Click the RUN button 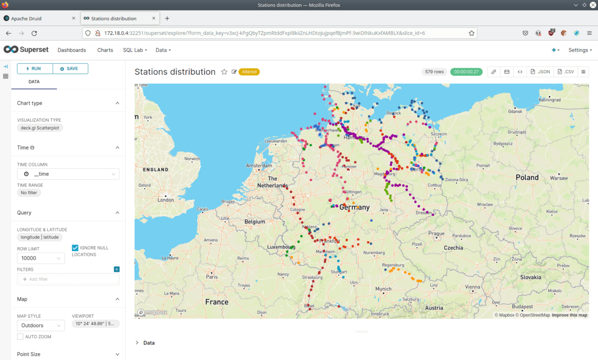(x=35, y=68)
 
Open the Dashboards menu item (x=71, y=50)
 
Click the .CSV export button (x=566, y=72)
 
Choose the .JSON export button (x=540, y=72)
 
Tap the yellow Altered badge (x=249, y=72)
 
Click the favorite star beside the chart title (x=224, y=72)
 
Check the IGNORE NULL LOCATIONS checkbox (x=75, y=248)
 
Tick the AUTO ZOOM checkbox (x=20, y=337)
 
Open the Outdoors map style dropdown (x=41, y=326)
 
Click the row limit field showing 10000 (x=41, y=258)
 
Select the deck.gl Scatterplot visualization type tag (x=40, y=128)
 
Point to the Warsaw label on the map (x=559, y=178)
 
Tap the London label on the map (x=166, y=200)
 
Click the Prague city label (x=436, y=234)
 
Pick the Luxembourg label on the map (x=281, y=247)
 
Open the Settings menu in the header (x=580, y=50)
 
